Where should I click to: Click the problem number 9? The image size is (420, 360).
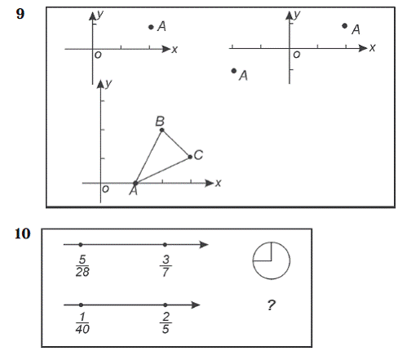tap(20, 14)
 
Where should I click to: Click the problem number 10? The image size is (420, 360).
tap(22, 233)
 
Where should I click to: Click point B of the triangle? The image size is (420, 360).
tap(161, 130)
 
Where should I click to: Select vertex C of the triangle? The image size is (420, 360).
tap(190, 157)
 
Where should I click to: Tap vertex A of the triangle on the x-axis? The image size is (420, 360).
tap(135, 183)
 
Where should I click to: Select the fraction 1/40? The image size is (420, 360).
tap(82, 322)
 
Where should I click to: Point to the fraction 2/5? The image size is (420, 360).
tap(166, 322)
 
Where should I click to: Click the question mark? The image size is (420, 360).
tap(271, 305)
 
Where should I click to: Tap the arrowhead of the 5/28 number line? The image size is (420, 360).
tap(204, 244)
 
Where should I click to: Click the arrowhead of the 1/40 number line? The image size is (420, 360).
tap(196, 304)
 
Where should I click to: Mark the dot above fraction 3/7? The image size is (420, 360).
tap(165, 245)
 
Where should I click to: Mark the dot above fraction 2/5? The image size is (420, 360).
tap(166, 305)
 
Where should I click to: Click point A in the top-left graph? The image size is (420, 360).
tap(151, 27)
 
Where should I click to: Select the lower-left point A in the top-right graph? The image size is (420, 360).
tap(234, 71)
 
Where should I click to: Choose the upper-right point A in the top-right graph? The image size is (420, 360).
tap(345, 26)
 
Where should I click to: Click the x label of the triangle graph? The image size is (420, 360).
tap(218, 183)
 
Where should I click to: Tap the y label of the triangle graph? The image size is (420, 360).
tap(108, 83)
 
